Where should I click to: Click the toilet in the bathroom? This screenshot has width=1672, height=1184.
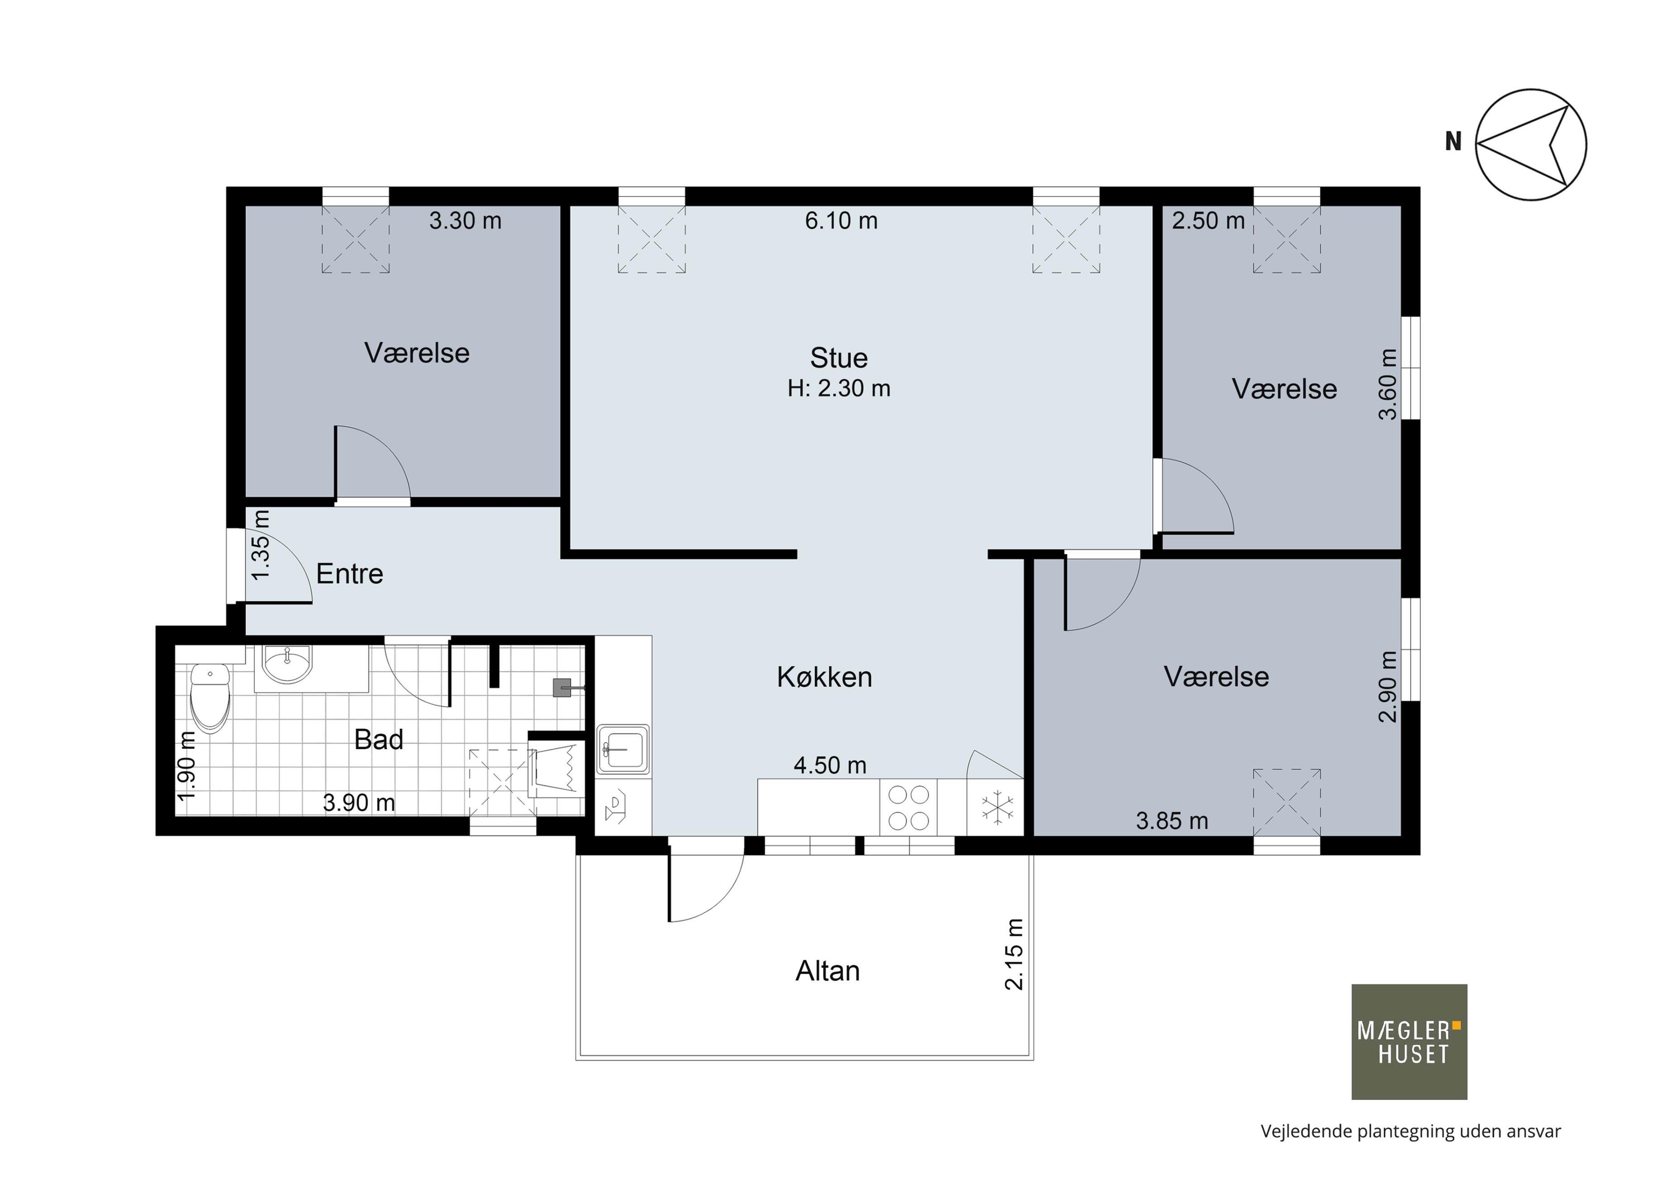coord(210,696)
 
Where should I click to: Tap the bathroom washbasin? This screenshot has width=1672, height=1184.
coord(287,665)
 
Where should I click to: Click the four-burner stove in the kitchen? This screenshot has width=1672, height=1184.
coord(908,807)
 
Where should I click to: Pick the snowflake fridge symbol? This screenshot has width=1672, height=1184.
coord(997,808)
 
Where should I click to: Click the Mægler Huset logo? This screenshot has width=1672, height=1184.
coord(1409,1042)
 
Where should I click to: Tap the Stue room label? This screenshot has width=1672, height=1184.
coord(839,358)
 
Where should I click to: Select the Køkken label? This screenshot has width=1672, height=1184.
coord(824,677)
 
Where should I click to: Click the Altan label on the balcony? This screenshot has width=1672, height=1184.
coord(827,971)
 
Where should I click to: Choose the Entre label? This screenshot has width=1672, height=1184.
coord(349,574)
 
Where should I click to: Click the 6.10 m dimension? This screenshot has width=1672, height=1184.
coord(841,220)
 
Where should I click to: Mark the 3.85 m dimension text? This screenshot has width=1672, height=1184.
coord(1172,821)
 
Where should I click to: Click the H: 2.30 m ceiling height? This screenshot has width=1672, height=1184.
coord(839,389)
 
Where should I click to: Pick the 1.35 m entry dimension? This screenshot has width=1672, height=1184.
coord(261,545)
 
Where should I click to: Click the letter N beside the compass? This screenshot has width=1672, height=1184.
coord(1453,142)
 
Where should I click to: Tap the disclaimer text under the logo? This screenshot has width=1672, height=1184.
coord(1411,1132)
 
